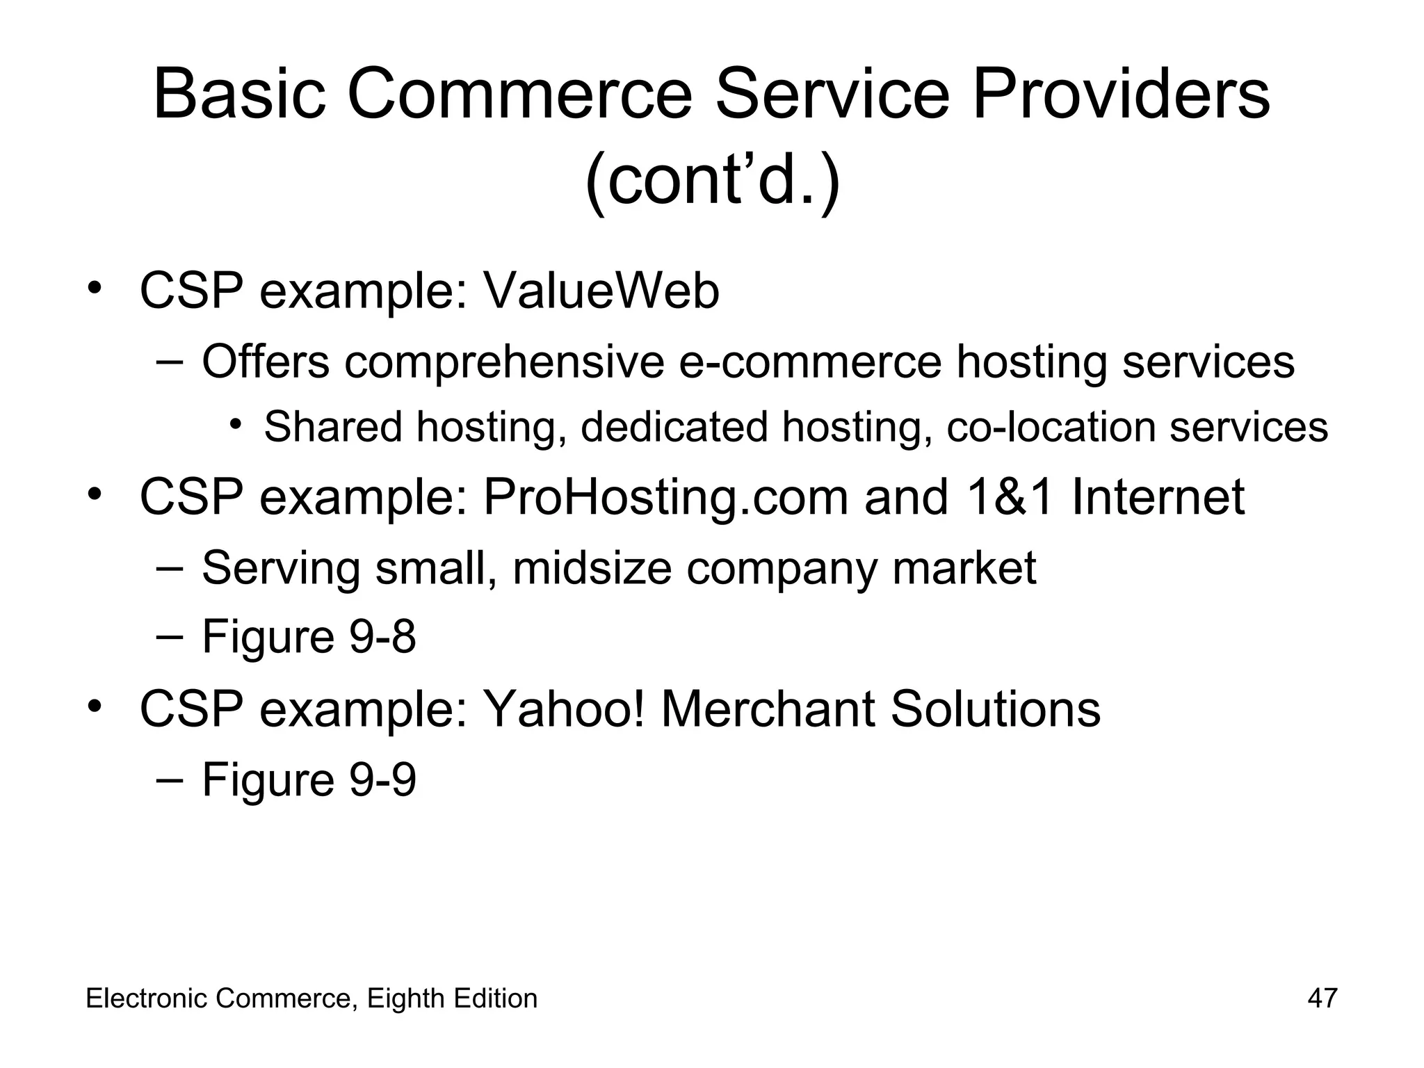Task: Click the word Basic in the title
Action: click(x=238, y=94)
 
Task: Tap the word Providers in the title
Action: click(x=1120, y=94)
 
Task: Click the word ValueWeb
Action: click(x=601, y=291)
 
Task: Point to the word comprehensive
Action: click(x=504, y=362)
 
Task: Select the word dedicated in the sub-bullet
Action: click(x=674, y=426)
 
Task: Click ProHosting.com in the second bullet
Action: click(x=665, y=498)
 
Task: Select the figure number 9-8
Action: click(x=382, y=636)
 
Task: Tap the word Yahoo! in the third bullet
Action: click(x=564, y=709)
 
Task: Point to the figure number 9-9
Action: click(x=382, y=779)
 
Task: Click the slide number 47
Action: click(x=1322, y=998)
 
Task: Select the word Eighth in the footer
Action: click(x=406, y=998)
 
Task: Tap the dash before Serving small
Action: click(x=170, y=567)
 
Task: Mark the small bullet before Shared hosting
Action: click(x=236, y=423)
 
